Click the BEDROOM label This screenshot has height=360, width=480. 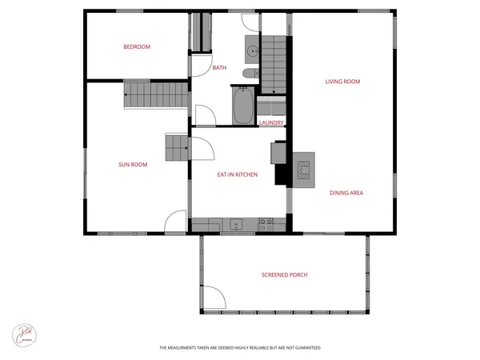coord(137,46)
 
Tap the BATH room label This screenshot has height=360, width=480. coord(219,68)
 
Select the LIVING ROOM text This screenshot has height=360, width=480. coord(342,81)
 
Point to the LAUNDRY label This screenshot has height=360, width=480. coord(272,122)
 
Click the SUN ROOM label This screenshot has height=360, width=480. coord(133,165)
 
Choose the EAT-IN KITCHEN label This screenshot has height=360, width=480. coord(238,174)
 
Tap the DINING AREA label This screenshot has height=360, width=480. coord(347,193)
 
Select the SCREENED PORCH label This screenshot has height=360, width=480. coord(284,275)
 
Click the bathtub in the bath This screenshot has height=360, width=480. coord(243,106)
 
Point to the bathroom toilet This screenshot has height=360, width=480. coord(249,73)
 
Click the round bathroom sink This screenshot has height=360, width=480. coord(253,49)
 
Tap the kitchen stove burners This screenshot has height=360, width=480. coord(266,222)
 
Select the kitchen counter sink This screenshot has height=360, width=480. coord(236,222)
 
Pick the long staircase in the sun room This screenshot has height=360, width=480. coord(158,94)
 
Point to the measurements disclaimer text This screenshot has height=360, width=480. coord(240,348)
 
